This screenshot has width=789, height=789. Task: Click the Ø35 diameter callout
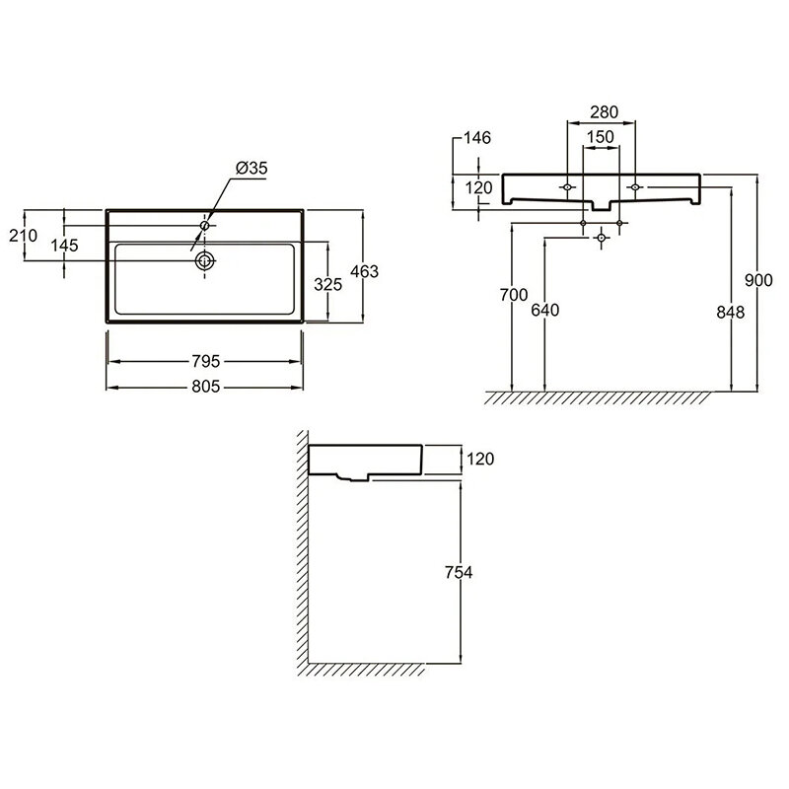(x=251, y=168)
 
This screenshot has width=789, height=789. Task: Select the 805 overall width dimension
(x=206, y=387)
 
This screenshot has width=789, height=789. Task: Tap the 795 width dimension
(x=206, y=361)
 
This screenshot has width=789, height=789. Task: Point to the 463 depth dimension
(x=364, y=272)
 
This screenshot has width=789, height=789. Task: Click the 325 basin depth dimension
(x=328, y=285)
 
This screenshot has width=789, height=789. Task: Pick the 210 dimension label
(x=23, y=235)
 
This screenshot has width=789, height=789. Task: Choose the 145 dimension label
(x=64, y=246)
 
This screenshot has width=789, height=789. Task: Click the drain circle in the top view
(x=205, y=260)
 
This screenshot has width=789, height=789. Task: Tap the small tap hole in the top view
(x=205, y=226)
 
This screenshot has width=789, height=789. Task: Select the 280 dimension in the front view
(x=604, y=111)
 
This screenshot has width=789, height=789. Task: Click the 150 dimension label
(x=601, y=137)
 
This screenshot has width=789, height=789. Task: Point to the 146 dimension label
(x=476, y=137)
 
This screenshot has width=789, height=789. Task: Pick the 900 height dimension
(x=758, y=280)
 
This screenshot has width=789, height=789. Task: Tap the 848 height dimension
(x=730, y=313)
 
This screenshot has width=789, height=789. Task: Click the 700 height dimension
(x=514, y=295)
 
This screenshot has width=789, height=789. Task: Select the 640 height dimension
(x=545, y=310)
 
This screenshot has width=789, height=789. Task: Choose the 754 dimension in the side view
(x=459, y=573)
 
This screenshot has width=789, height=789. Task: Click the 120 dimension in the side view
(x=480, y=459)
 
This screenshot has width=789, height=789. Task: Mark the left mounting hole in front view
(x=568, y=187)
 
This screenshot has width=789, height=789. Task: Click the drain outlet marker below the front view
(x=602, y=237)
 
